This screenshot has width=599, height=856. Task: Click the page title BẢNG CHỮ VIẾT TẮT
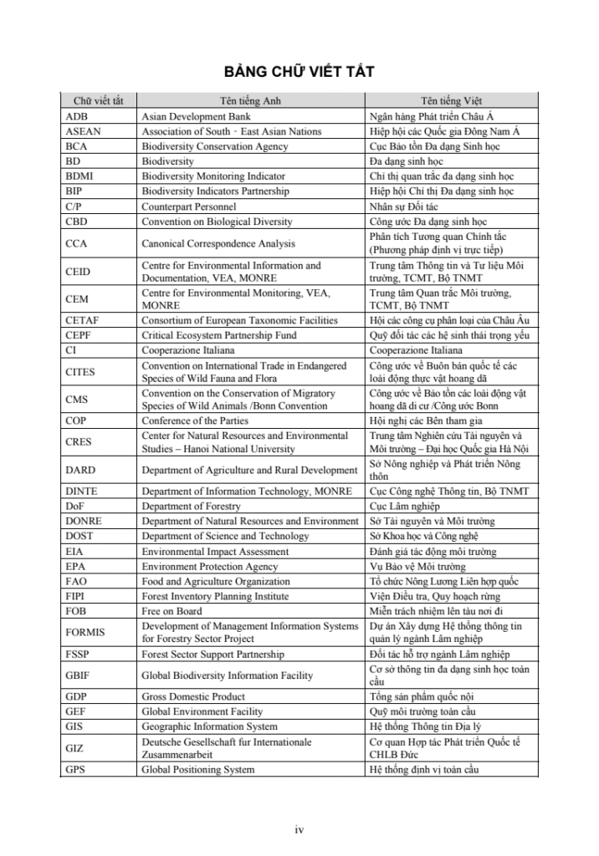(299, 72)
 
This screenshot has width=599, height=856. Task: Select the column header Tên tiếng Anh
(250, 101)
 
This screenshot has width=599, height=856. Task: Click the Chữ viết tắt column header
(98, 101)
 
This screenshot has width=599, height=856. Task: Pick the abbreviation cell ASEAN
(84, 131)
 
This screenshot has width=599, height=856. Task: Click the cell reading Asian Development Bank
(196, 116)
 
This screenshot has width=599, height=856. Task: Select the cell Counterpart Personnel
(188, 206)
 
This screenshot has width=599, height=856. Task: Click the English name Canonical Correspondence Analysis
(218, 244)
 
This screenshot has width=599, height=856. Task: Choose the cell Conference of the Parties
(195, 420)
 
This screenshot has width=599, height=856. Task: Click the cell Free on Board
(172, 611)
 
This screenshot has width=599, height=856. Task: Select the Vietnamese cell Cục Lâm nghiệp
(405, 506)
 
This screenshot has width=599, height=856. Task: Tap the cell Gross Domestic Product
(193, 696)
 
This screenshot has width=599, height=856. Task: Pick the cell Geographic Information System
(209, 726)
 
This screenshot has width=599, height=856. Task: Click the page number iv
(299, 829)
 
